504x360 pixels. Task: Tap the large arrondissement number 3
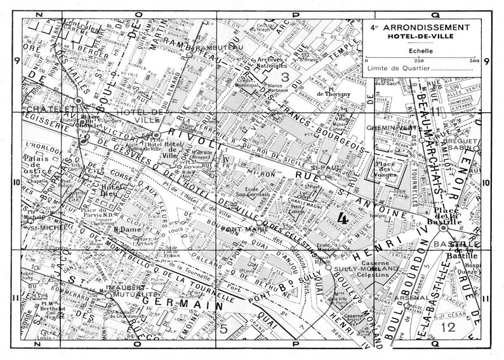coord(286,78)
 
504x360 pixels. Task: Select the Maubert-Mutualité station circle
coord(109,295)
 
